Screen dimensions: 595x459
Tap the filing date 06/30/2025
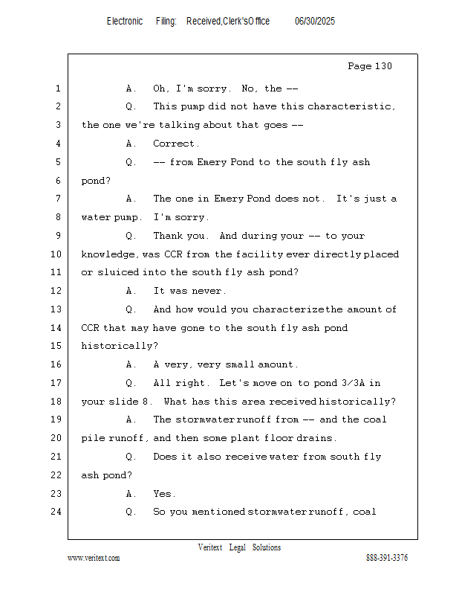pos(315,22)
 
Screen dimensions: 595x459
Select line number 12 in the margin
pos(57,291)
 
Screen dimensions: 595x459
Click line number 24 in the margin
pos(57,512)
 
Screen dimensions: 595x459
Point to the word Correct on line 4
pos(175,144)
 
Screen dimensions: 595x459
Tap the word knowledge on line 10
pos(109,254)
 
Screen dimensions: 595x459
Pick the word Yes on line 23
pos(163,494)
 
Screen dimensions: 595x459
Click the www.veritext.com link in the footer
pos(94,558)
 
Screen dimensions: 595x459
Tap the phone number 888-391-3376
pos(387,558)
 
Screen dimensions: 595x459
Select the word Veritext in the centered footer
pos(209,547)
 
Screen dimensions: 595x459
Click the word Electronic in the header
pos(125,22)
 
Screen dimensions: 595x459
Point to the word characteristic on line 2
pos(351,106)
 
